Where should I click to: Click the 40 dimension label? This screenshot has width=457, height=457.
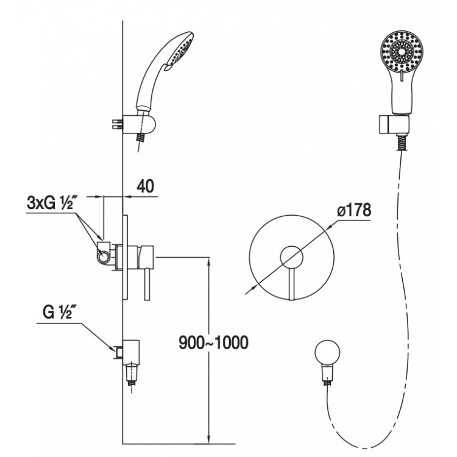tap(145, 186)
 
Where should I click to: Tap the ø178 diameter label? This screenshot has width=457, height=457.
tap(354, 210)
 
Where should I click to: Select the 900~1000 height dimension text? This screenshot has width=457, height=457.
tap(213, 342)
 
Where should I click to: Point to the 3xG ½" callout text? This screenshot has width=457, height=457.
tap(50, 202)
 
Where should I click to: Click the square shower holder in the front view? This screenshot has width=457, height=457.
tap(395, 124)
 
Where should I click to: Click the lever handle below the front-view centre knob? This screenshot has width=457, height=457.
tap(292, 284)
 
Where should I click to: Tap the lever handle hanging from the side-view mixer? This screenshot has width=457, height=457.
tap(147, 284)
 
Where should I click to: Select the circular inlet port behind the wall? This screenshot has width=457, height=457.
tap(103, 257)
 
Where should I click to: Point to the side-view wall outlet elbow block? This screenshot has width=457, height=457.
tap(131, 352)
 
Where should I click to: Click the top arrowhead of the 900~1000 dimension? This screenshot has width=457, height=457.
tap(208, 261)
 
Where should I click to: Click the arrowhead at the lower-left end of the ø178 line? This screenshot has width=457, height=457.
tap(249, 291)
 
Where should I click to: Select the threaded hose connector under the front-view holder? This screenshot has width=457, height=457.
tap(403, 142)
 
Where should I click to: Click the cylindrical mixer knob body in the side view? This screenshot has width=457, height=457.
tap(146, 257)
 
